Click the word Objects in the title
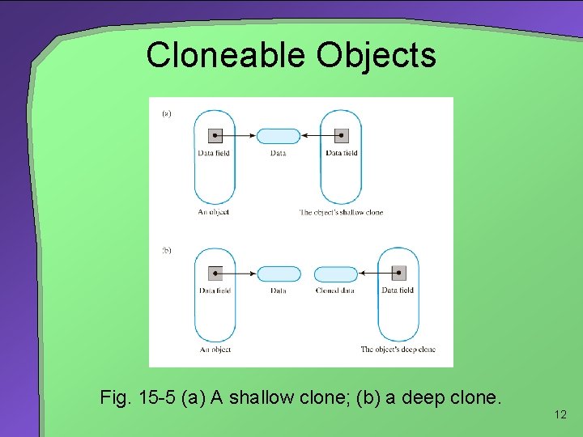tap(376, 55)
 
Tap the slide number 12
tap(560, 415)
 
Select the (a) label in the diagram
tap(166, 114)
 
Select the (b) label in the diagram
tap(166, 251)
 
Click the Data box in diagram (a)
tap(278, 136)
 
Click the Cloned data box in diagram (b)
tap(335, 274)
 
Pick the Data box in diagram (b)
tap(278, 274)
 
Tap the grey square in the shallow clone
tap(341, 136)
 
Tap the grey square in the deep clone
tap(398, 274)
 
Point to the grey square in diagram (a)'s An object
tap(215, 136)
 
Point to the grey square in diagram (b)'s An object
tap(215, 274)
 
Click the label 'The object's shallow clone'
tap(341, 212)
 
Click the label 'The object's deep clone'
tap(398, 350)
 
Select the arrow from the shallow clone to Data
tap(315, 136)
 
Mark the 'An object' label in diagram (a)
tap(214, 212)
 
